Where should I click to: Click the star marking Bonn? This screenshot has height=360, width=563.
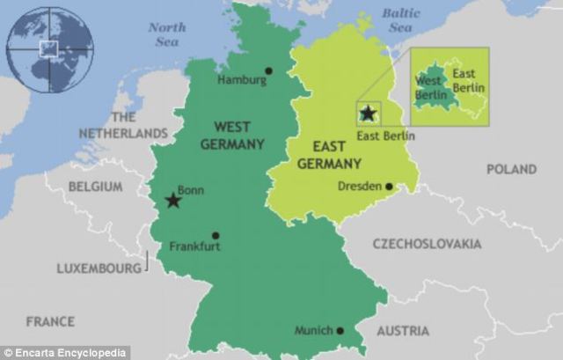[x=173, y=202]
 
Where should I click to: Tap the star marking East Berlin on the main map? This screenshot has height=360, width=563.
[x=368, y=114]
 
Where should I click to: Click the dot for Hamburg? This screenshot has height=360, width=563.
[x=268, y=71]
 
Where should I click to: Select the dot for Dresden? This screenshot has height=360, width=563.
[x=388, y=186]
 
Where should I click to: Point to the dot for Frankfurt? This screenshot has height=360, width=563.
[x=216, y=235]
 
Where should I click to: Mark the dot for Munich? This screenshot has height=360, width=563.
[x=340, y=331]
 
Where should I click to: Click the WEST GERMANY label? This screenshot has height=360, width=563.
[x=232, y=135]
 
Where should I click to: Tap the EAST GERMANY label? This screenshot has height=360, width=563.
[x=329, y=156]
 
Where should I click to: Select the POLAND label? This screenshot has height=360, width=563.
[x=511, y=169]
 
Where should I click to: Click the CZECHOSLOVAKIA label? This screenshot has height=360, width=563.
[x=427, y=243]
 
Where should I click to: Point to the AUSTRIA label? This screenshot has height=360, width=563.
[x=403, y=331]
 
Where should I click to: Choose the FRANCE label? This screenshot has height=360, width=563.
[x=50, y=321]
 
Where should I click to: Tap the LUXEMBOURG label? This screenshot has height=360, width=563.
[x=99, y=268]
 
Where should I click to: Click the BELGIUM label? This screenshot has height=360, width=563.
[x=94, y=187]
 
